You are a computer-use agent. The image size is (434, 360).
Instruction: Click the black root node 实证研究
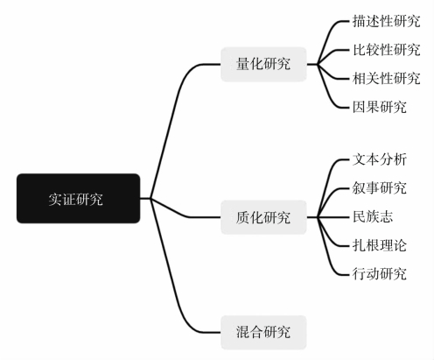pyautogui.click(x=78, y=199)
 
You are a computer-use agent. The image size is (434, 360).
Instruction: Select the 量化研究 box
pyautogui.click(x=263, y=64)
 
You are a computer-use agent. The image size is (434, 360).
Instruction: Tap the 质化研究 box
pyautogui.click(x=263, y=217)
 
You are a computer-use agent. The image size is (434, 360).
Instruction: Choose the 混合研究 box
pyautogui.click(x=263, y=332)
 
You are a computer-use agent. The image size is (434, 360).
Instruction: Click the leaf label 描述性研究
pyautogui.click(x=386, y=21)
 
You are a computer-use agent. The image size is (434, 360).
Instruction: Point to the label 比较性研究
pyautogui.click(x=386, y=50)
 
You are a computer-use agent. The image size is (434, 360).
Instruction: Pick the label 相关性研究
pyautogui.click(x=386, y=79)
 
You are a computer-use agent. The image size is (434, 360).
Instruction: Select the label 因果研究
pyautogui.click(x=379, y=107)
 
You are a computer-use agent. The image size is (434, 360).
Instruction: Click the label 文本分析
pyautogui.click(x=379, y=159)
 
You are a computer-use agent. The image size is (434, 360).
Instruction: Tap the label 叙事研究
pyautogui.click(x=379, y=188)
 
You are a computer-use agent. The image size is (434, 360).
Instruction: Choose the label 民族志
pyautogui.click(x=373, y=216)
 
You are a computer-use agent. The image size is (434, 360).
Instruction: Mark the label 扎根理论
pyautogui.click(x=379, y=245)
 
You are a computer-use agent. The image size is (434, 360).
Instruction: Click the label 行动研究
pyautogui.click(x=379, y=274)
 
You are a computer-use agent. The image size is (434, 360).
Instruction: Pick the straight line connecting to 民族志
pyautogui.click(x=333, y=217)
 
